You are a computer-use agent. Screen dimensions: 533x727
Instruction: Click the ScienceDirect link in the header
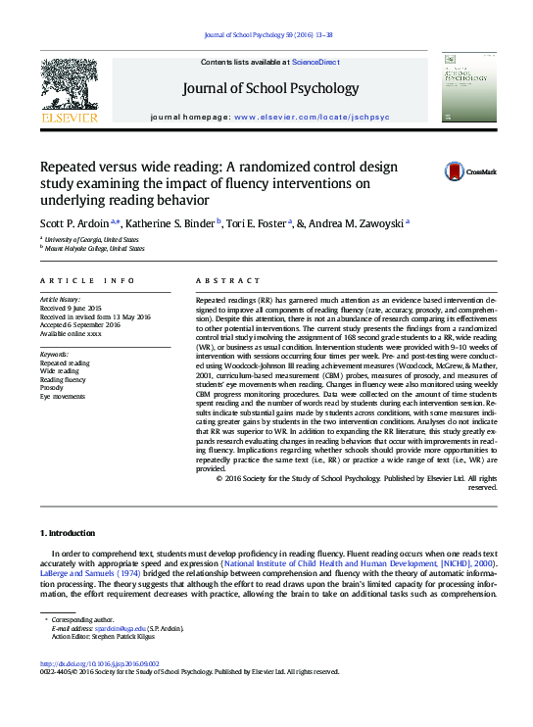316,62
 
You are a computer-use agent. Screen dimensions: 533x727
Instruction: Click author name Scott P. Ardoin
77,222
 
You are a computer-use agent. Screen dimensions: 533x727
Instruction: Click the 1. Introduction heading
68,533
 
